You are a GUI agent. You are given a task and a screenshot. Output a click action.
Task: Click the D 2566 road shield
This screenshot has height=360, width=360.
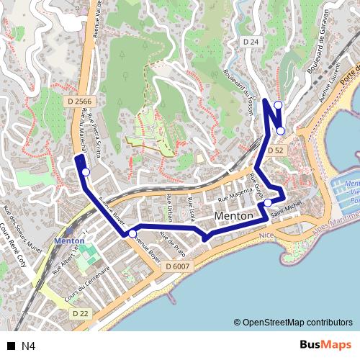click(79, 102)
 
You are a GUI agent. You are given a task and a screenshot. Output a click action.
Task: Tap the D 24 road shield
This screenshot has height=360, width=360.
click(251, 42)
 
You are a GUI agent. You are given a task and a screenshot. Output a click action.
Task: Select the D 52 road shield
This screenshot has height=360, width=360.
click(275, 150)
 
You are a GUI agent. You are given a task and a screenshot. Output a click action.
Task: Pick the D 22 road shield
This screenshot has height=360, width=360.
click(81, 314)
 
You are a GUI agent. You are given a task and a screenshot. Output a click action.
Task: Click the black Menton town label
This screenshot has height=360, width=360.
click(234, 216)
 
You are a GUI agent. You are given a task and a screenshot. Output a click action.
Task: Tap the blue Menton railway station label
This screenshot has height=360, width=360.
click(69, 241)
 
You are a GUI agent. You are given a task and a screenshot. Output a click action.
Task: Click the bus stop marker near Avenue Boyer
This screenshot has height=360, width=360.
click(132, 234)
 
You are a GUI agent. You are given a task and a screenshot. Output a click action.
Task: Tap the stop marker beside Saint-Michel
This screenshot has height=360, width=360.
click(268, 203)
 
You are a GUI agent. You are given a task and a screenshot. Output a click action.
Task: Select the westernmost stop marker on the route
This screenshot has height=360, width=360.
click(85, 172)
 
